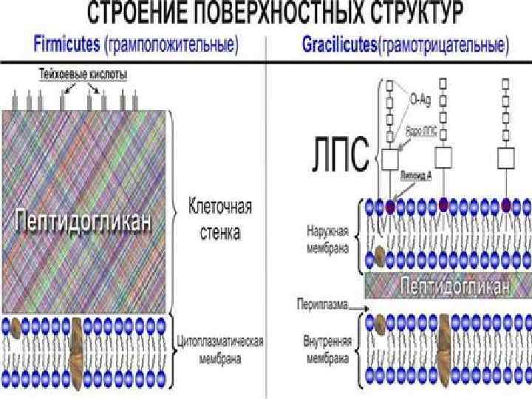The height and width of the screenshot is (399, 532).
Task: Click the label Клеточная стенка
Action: [220, 219]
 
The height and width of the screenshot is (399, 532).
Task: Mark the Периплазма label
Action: [318, 304]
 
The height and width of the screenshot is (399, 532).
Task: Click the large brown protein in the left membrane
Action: [78, 345]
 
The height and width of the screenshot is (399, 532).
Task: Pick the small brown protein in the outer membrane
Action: [379, 255]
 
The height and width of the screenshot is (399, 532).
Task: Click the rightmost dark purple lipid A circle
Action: [506, 204]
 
